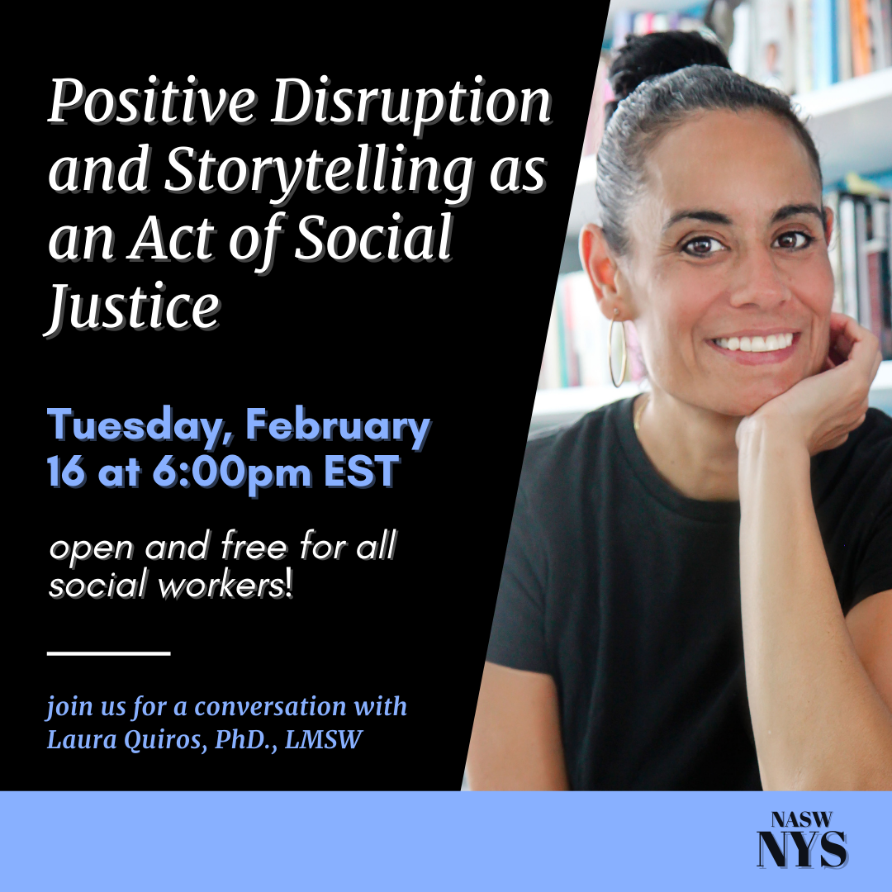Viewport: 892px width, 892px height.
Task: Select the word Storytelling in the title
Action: pyautogui.click(x=319, y=171)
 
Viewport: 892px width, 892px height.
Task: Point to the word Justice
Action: pyautogui.click(x=132, y=308)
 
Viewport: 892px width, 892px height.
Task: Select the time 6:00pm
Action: pyautogui.click(x=231, y=473)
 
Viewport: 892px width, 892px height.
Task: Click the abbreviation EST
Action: pyautogui.click(x=362, y=472)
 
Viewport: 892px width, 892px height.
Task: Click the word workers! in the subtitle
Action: pyautogui.click(x=225, y=586)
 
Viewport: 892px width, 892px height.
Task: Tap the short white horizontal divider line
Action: pyautogui.click(x=109, y=653)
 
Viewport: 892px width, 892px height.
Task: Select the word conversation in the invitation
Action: pyautogui.click(x=270, y=707)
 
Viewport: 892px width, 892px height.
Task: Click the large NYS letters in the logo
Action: pyautogui.click(x=802, y=849)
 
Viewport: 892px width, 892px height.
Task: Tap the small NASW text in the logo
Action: pyautogui.click(x=801, y=820)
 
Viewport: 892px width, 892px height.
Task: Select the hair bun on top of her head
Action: pyautogui.click(x=666, y=59)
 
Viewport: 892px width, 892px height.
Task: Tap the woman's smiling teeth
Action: pyautogui.click(x=754, y=343)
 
